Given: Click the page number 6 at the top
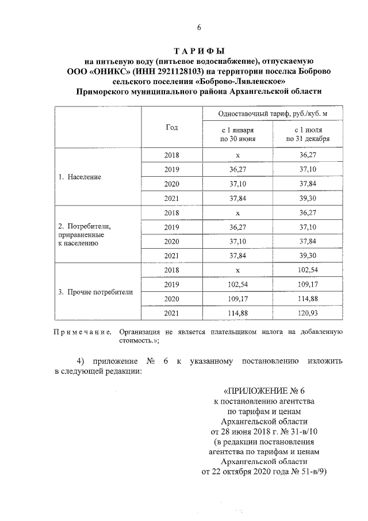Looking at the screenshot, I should click(199, 28).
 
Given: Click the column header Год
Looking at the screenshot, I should click(171, 127).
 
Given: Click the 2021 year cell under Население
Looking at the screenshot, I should click(171, 198).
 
